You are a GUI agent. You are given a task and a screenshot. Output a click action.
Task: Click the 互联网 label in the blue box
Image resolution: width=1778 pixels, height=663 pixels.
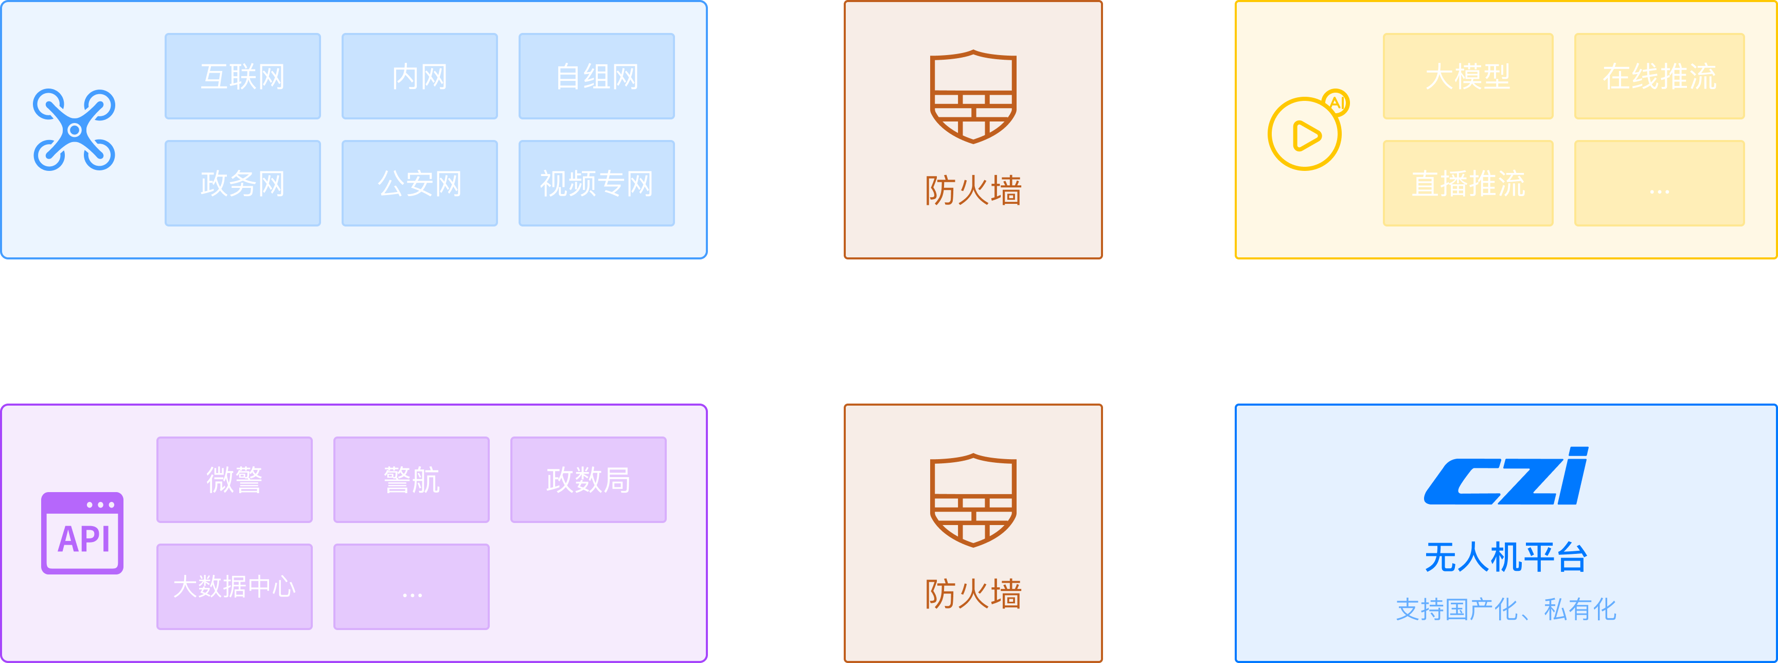pyautogui.click(x=242, y=77)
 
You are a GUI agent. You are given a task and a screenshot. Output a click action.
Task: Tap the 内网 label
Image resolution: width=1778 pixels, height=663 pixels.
pyautogui.click(x=420, y=77)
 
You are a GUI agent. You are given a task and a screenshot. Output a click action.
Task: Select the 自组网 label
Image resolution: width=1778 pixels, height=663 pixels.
pyautogui.click(x=597, y=77)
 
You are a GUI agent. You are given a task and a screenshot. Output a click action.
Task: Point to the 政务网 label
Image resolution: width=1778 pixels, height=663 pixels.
pyautogui.click(x=242, y=184)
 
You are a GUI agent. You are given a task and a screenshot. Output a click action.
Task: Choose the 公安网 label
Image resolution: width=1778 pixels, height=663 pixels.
pyautogui.click(x=420, y=184)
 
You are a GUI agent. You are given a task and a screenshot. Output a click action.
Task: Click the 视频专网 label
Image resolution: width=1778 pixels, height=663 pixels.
pyautogui.click(x=596, y=184)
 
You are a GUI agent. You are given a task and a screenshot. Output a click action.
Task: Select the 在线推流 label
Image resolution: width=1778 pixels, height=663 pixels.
pyautogui.click(x=1659, y=77)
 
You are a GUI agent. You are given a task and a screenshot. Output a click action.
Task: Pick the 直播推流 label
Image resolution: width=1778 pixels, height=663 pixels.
pyautogui.click(x=1468, y=184)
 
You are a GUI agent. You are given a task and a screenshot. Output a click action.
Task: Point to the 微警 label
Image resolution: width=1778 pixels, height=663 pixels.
pyautogui.click(x=234, y=480)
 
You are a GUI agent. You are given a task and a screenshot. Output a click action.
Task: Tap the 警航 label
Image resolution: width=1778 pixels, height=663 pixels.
pyautogui.click(x=412, y=480)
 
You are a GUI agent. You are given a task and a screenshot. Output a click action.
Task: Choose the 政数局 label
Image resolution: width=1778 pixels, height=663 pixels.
pyautogui.click(x=588, y=480)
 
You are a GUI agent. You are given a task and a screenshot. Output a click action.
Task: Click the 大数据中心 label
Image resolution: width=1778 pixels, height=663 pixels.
pyautogui.click(x=234, y=586)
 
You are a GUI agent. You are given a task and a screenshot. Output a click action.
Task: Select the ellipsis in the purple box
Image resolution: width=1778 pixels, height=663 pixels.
pyautogui.click(x=412, y=594)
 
